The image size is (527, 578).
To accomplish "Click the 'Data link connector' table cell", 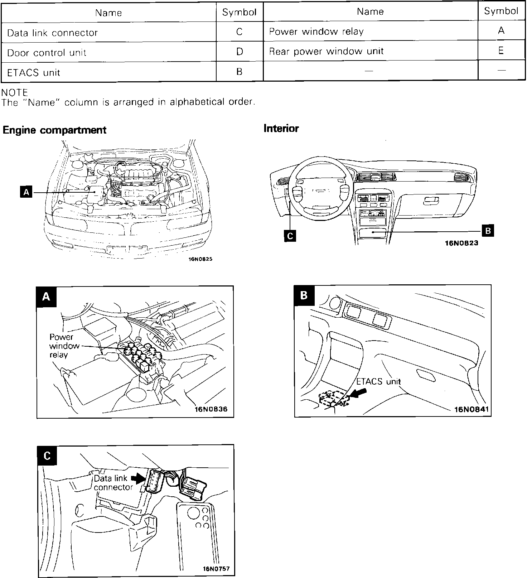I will (52, 33).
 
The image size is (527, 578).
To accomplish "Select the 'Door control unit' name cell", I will (47, 53).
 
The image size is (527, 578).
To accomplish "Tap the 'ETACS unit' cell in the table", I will (34, 73).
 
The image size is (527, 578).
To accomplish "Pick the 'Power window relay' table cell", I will (316, 32).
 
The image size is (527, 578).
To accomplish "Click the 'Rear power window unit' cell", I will (326, 52).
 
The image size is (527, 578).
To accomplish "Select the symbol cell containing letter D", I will (240, 52).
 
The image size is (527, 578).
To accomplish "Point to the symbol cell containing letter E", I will (501, 50).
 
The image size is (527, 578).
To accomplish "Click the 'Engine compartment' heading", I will (54, 130).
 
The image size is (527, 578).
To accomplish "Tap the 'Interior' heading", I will (281, 129).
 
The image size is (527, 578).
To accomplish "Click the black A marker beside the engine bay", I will (26, 193).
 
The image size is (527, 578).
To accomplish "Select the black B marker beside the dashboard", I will (488, 231).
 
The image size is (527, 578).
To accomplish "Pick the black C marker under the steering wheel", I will (290, 236).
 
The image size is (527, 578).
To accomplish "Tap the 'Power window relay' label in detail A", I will (62, 346).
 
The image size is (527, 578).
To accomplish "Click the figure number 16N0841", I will (472, 409).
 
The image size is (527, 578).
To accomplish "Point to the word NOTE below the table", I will (15, 93).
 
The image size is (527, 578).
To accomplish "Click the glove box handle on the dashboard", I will (430, 201).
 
